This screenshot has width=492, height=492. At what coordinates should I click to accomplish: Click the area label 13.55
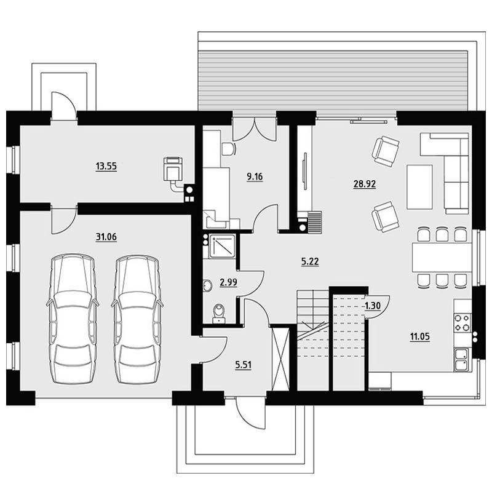[x=106, y=166]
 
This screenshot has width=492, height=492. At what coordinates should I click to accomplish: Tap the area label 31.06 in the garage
[x=106, y=237]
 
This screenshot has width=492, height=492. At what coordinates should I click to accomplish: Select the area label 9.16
[x=255, y=177]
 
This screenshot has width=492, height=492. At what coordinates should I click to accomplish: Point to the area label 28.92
[x=364, y=184]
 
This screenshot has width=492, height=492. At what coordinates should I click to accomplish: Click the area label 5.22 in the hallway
[x=310, y=261]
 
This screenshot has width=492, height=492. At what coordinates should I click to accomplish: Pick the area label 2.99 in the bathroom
[x=228, y=282]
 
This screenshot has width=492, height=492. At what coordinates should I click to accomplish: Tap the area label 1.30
[x=373, y=306]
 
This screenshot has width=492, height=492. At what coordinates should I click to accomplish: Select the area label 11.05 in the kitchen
[x=420, y=336]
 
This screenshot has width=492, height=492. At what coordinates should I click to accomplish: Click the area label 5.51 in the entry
[x=243, y=365]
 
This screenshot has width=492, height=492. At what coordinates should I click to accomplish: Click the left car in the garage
[x=73, y=319]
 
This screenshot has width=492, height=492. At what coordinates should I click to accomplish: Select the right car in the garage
[x=137, y=319]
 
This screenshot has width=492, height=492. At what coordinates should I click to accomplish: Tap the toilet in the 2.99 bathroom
[x=219, y=314]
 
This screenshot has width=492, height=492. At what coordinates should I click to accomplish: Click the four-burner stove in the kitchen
[x=462, y=323]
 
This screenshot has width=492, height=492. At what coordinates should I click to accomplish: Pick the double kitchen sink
[x=461, y=360]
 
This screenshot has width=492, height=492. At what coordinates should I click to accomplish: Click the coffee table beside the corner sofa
[x=419, y=187]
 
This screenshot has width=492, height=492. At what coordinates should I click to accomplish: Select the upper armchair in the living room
[x=386, y=151]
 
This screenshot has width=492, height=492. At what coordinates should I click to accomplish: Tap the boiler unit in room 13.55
[x=173, y=170]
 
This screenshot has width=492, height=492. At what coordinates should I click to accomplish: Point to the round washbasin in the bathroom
[x=207, y=285]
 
